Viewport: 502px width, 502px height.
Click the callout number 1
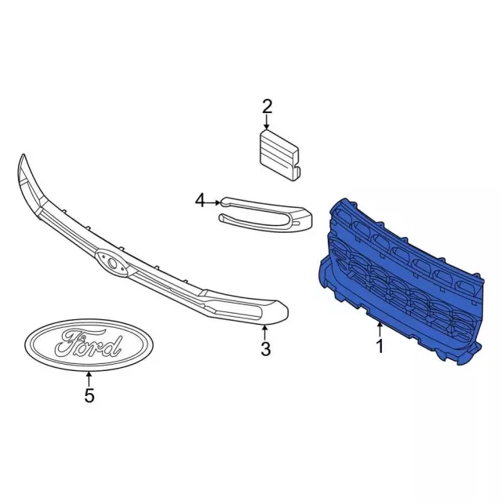[380, 346]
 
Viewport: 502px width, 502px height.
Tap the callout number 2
[267, 107]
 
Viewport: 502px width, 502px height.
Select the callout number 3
[266, 348]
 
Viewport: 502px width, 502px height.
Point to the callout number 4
[200, 201]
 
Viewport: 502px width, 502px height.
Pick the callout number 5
[89, 395]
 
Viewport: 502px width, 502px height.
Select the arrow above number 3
[265, 333]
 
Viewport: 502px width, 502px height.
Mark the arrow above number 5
[89, 378]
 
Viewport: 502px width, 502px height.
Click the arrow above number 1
[380, 330]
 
